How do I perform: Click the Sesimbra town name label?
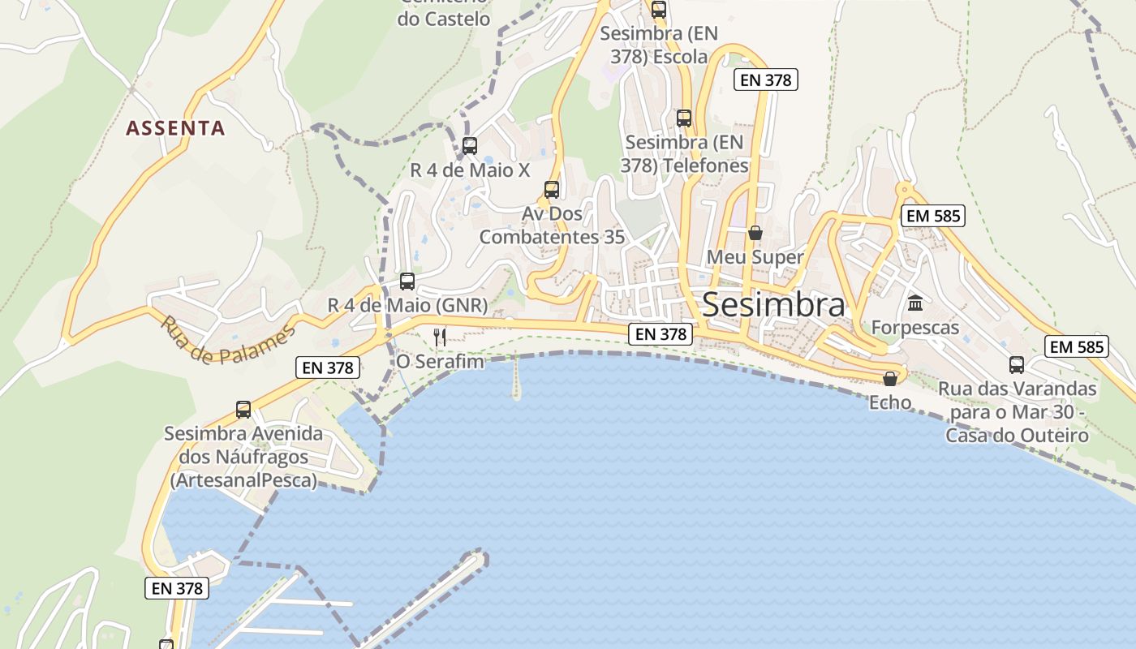tap(773, 304)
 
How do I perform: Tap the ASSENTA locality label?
tap(175, 128)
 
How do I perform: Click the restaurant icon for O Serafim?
tap(440, 337)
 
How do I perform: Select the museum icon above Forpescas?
tap(915, 303)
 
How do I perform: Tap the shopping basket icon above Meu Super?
tap(755, 234)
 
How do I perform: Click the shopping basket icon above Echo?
tap(890, 379)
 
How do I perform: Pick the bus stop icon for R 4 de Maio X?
tap(469, 146)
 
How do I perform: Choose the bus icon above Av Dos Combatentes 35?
tap(552, 190)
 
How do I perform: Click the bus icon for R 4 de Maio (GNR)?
tap(407, 282)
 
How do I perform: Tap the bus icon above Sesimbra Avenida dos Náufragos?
tap(243, 409)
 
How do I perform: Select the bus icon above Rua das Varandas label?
tap(1017, 364)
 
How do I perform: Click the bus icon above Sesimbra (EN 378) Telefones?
tap(684, 118)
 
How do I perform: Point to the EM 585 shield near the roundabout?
tap(933, 216)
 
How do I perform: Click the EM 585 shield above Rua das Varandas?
tap(1077, 347)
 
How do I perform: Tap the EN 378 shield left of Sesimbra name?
tap(661, 333)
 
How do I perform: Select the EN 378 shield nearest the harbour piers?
tap(177, 589)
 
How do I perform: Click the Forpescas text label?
tap(915, 328)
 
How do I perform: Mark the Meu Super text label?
tap(755, 257)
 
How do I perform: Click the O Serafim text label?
tap(440, 361)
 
